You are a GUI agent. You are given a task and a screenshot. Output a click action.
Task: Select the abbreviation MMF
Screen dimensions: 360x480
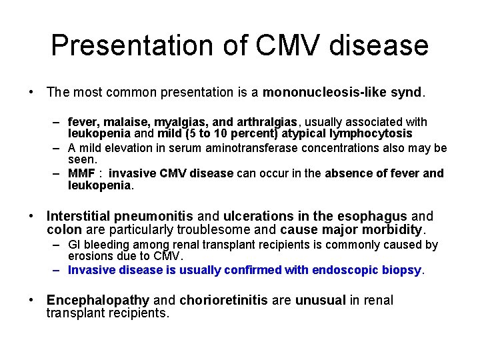[x=83, y=173]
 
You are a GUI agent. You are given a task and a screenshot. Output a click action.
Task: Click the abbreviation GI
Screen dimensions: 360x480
[x=75, y=245]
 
